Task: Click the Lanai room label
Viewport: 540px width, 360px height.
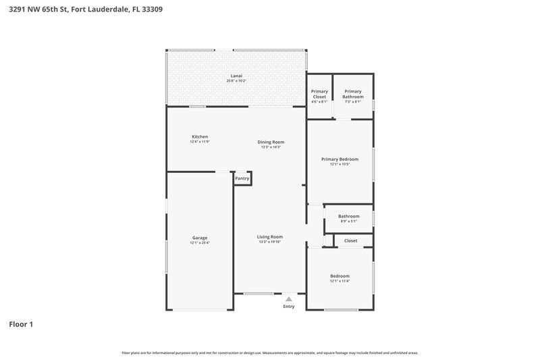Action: pos(236,76)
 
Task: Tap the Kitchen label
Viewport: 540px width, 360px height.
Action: pos(200,137)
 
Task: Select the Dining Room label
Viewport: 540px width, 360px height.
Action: pos(271,142)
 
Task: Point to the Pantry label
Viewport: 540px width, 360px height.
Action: pos(242,178)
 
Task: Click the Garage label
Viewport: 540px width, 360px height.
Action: pos(200,238)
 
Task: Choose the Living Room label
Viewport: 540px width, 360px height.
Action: pos(269,236)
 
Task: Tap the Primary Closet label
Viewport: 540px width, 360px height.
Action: pos(319,94)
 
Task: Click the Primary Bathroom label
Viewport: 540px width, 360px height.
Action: pos(353,94)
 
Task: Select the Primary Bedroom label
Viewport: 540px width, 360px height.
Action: pos(340,159)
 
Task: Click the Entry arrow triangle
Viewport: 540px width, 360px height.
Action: pos(289,298)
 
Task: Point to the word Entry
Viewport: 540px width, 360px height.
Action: pos(289,307)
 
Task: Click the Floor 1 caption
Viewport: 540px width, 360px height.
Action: pos(21,324)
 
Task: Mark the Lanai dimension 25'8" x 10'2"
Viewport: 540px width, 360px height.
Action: pos(236,81)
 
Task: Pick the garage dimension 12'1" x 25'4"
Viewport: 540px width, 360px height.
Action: pos(200,243)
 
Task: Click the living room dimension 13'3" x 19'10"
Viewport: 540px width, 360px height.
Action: pos(269,242)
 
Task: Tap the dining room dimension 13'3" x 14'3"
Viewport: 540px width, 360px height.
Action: pos(271,147)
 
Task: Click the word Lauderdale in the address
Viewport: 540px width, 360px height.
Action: pos(111,10)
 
